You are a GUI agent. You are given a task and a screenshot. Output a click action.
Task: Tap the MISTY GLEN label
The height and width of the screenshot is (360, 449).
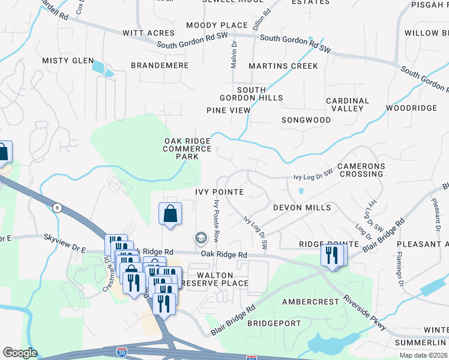click(68, 61)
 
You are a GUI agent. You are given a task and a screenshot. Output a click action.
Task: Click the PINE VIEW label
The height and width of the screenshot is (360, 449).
click(228, 110)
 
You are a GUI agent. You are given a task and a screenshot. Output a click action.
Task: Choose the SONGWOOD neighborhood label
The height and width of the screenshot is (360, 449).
click(306, 120)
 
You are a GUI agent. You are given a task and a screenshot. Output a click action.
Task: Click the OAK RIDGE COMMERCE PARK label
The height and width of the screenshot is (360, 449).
click(188, 148)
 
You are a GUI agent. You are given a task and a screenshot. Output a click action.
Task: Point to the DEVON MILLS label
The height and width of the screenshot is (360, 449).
click(302, 208)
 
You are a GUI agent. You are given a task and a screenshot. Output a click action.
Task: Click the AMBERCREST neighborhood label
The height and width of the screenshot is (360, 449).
click(307, 301)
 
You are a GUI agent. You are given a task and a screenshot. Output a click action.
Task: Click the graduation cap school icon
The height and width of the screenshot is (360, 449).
click(200, 239)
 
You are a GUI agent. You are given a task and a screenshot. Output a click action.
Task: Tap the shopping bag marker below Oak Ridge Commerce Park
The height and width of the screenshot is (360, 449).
click(170, 214)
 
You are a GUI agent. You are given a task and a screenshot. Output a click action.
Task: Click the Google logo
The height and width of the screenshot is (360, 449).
click(20, 353)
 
